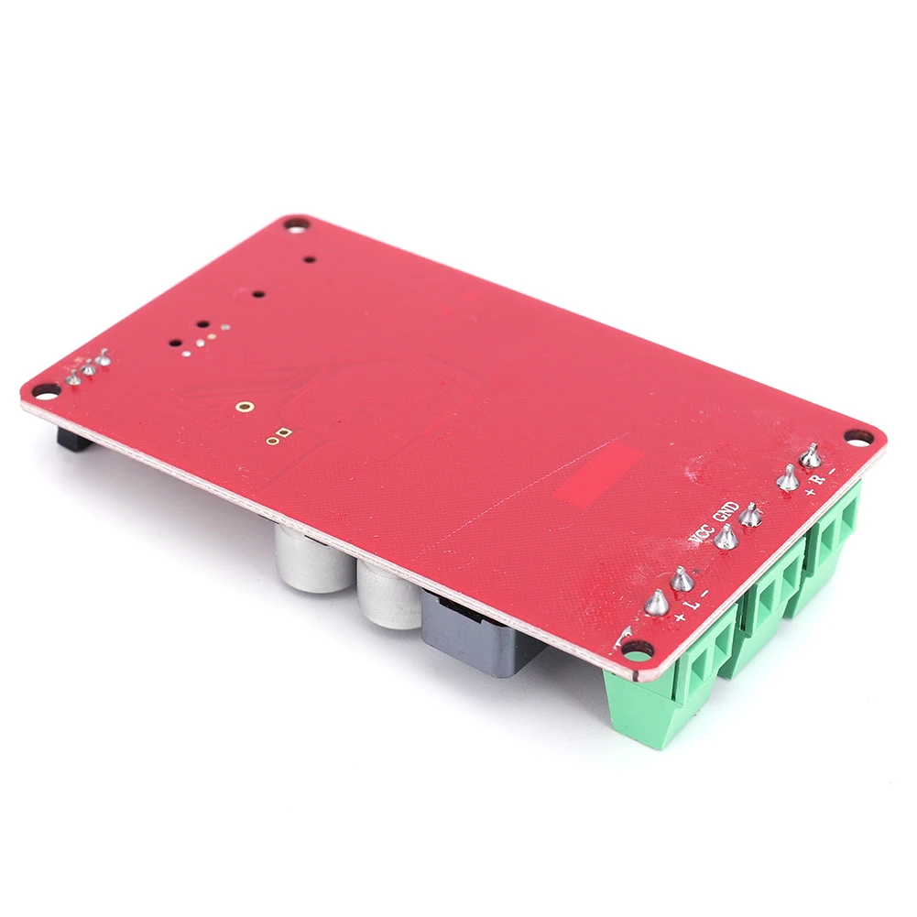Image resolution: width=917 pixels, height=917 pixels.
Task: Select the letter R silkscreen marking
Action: tap(820, 479)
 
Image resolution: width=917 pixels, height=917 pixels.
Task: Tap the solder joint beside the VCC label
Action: tap(726, 537)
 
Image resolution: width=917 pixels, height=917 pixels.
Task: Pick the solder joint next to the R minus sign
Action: tap(811, 455)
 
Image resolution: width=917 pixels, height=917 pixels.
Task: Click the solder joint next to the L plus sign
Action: tap(657, 602)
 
